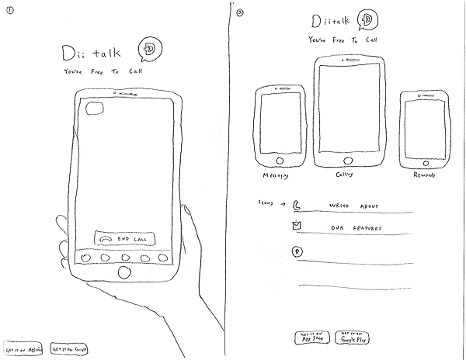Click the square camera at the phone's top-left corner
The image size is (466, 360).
tap(96, 109)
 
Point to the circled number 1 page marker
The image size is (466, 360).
tap(9, 9)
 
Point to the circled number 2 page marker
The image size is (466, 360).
tap(241, 11)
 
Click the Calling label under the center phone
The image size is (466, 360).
tap(344, 175)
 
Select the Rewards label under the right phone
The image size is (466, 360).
tap(423, 175)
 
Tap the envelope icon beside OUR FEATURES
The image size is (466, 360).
tap(296, 226)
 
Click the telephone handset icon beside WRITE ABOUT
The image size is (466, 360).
tap(297, 206)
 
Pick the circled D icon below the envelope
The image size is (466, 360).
tap(296, 250)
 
